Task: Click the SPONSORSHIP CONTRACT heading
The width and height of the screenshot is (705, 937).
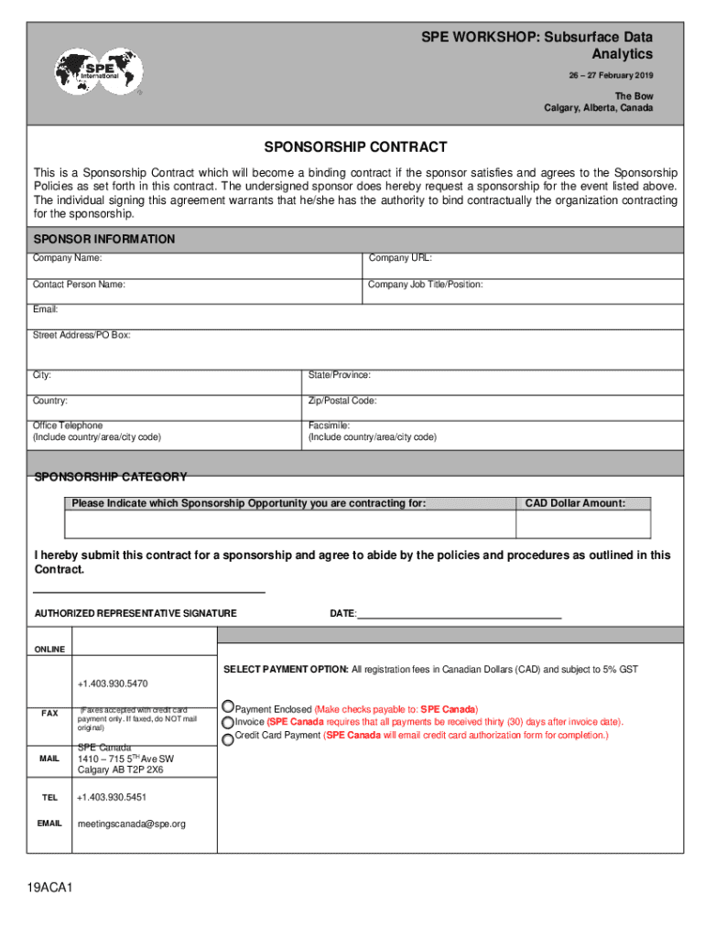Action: point(355,147)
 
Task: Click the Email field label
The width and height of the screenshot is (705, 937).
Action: point(46,310)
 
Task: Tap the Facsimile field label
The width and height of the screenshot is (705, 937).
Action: point(329,425)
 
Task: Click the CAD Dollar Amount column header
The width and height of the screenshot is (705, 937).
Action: point(575,503)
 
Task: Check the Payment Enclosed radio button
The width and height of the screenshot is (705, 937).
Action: point(228,708)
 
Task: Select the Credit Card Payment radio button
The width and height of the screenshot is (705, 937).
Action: point(228,738)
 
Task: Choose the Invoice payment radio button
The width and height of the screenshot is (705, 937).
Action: point(228,723)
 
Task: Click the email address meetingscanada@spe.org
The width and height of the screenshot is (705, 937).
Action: point(131,824)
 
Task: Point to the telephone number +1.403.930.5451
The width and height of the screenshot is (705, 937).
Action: point(113,798)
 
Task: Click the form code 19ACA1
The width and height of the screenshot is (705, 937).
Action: point(49,889)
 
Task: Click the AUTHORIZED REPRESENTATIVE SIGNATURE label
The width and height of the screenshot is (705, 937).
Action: point(136,613)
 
